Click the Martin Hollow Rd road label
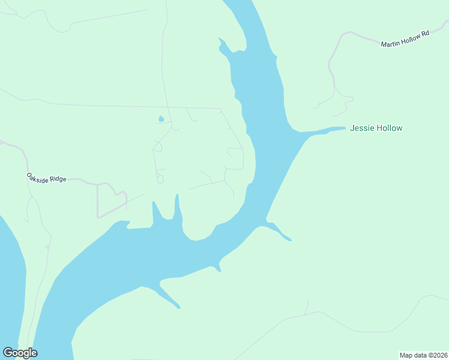click(x=405, y=39)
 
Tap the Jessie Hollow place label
click(x=376, y=128)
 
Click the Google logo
click(x=20, y=353)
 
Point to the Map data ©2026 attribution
click(x=423, y=355)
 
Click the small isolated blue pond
click(x=161, y=119)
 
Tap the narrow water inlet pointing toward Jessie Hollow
click(x=324, y=130)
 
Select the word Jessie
click(x=361, y=128)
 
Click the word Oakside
click(x=37, y=176)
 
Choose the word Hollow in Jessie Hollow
click(x=389, y=128)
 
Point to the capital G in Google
click(x=7, y=353)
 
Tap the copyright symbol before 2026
click(x=430, y=355)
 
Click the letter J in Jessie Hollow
click(x=352, y=128)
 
